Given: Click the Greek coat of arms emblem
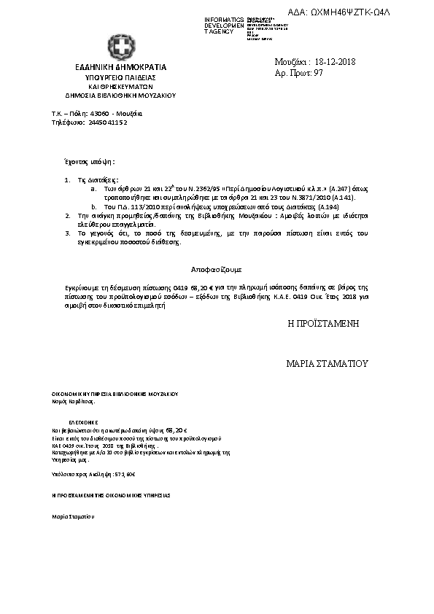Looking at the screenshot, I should click(120, 45).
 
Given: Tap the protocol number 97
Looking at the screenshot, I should click(318, 74).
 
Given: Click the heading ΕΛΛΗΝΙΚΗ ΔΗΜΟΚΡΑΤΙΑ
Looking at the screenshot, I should click(121, 67).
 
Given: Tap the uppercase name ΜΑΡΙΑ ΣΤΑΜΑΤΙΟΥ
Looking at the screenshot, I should click(328, 362).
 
